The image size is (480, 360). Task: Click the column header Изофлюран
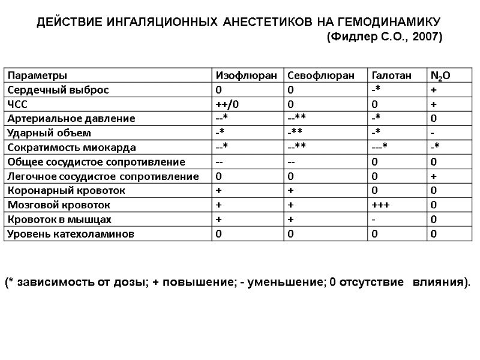click(246, 76)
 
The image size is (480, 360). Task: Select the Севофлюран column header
click(317, 76)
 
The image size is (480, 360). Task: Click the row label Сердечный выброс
click(58, 90)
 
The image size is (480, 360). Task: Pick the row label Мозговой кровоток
click(58, 205)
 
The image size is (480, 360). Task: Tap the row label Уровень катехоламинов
click(70, 234)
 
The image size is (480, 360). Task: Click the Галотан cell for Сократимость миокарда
click(380, 148)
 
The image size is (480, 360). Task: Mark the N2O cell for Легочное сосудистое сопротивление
click(433, 176)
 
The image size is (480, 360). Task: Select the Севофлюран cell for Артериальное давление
click(299, 119)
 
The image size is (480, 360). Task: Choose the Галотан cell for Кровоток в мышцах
click(373, 220)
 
